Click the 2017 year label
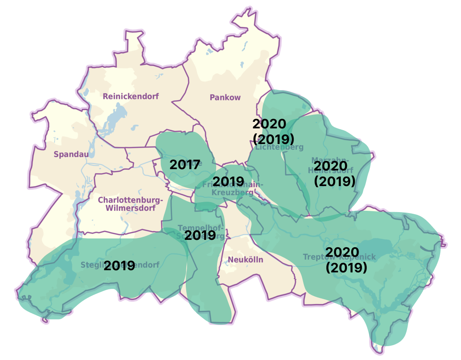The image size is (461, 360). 185,165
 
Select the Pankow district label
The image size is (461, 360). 225,98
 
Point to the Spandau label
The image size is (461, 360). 68,154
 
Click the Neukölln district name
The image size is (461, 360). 246,260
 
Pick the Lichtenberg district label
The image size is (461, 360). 279,147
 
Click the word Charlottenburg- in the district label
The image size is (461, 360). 130,200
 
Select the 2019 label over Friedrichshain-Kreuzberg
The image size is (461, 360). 228,181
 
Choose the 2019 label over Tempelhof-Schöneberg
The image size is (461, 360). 200,236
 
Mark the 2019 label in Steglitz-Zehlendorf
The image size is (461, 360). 119,265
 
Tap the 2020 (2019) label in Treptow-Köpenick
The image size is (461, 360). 346,259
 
